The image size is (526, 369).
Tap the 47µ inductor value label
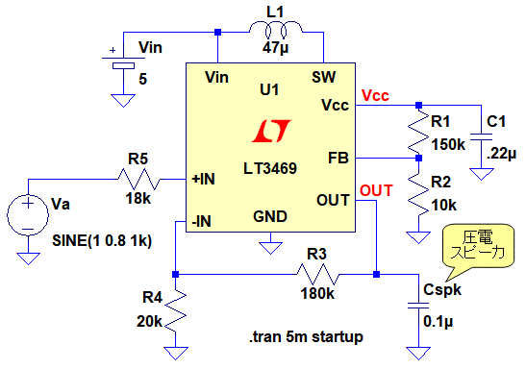(275, 48)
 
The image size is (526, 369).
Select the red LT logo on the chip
(271, 131)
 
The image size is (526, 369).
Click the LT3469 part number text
(270, 168)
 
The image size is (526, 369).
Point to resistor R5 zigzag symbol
(138, 180)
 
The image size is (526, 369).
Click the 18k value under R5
(138, 198)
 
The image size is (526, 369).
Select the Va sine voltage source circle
(28, 215)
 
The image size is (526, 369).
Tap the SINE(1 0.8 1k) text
(102, 240)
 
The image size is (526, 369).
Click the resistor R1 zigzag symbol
(418, 132)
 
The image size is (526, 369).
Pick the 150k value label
(448, 144)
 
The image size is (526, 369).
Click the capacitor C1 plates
(481, 137)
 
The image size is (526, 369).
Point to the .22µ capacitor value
(501, 154)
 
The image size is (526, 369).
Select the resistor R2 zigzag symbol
(418, 193)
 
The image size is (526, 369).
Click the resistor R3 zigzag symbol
(318, 275)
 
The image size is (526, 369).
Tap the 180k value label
(317, 294)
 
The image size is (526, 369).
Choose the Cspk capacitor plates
(418, 306)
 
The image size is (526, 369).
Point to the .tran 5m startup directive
(306, 337)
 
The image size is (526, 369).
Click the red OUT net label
(376, 190)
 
